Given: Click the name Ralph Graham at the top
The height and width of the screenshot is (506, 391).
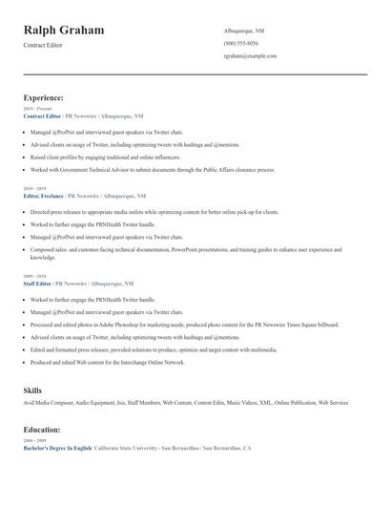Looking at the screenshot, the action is [64, 31].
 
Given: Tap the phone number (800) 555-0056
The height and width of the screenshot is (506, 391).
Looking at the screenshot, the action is [240, 44].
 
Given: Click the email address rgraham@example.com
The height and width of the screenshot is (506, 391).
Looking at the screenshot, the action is [250, 56].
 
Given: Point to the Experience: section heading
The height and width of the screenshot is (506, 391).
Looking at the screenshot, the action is [44, 97].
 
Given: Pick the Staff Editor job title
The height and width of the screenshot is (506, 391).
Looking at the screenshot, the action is [37, 284].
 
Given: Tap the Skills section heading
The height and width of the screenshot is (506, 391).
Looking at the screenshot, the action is [32, 390].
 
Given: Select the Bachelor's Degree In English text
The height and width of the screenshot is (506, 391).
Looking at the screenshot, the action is [57, 448].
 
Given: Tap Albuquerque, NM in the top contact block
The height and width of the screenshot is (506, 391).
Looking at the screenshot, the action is [244, 31].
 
